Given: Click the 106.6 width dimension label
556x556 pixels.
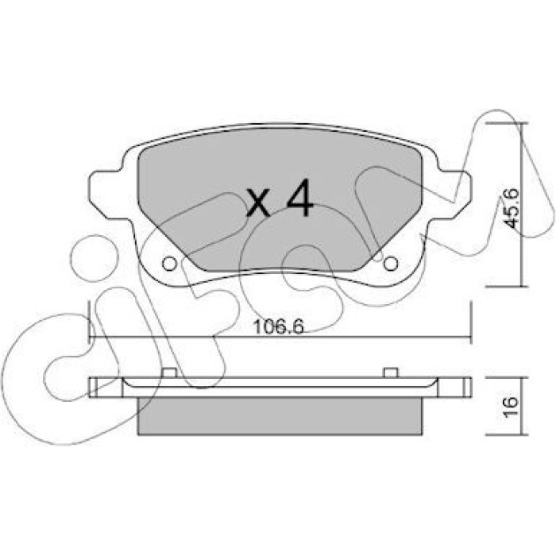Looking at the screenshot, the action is pyautogui.click(x=279, y=327).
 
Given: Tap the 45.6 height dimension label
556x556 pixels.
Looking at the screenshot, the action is pyautogui.click(x=512, y=208).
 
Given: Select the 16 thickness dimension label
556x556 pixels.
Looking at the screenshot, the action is pyautogui.click(x=511, y=407).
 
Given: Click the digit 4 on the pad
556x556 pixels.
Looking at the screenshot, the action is pyautogui.click(x=300, y=198).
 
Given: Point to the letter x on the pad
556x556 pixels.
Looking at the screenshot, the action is pyautogui.click(x=258, y=203).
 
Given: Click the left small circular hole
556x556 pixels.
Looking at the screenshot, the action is pyautogui.click(x=169, y=264).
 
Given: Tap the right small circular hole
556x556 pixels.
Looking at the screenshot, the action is pyautogui.click(x=391, y=264).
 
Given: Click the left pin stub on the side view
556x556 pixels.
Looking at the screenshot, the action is pyautogui.click(x=169, y=373).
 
